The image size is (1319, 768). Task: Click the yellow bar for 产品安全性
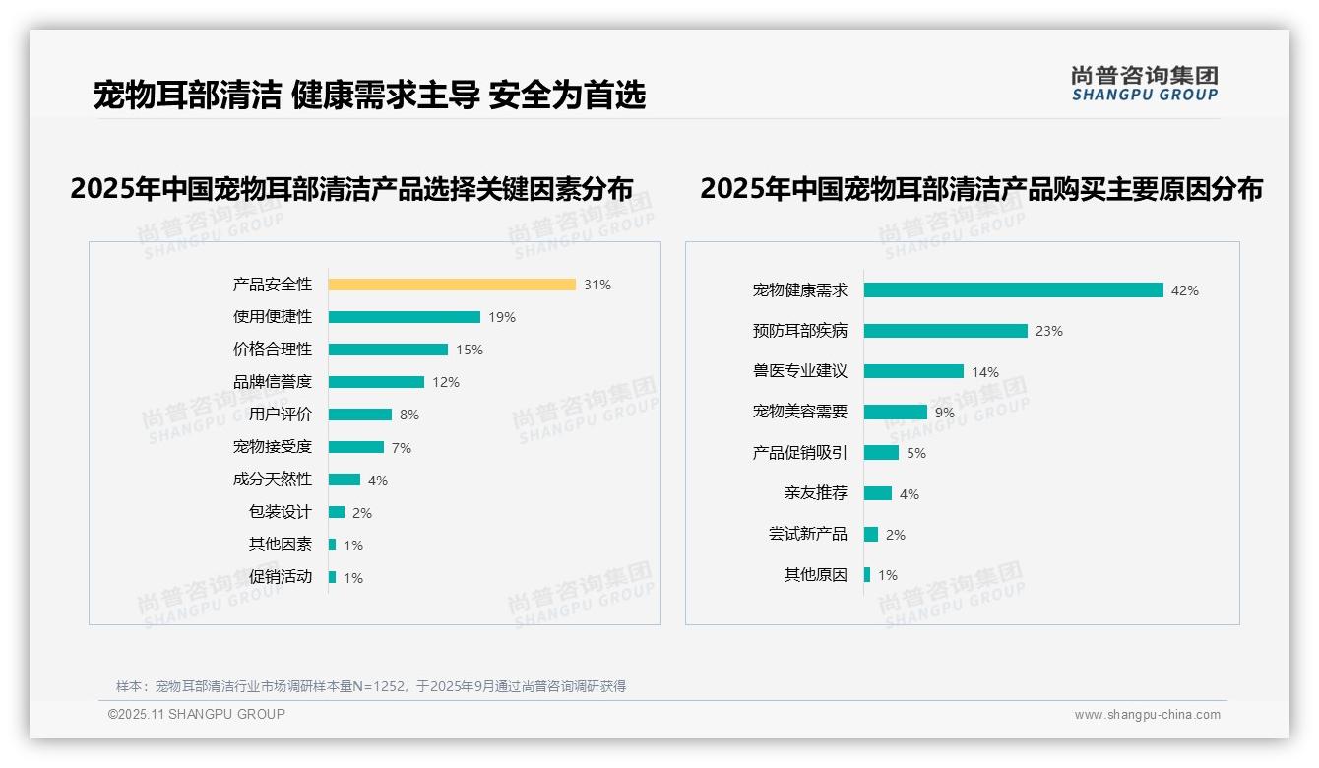(452, 285)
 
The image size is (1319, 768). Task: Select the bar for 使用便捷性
(405, 317)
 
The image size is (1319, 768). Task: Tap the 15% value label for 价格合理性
(469, 350)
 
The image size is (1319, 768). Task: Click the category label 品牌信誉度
(273, 382)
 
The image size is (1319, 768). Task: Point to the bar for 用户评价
(360, 415)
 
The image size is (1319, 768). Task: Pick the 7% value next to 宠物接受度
(401, 448)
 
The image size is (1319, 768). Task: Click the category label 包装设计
(281, 512)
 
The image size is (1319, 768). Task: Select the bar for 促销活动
(333, 577)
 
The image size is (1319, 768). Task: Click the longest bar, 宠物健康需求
(1014, 290)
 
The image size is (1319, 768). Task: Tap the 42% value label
(1184, 291)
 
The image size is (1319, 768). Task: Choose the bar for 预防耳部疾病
(946, 331)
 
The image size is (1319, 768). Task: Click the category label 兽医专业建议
(800, 371)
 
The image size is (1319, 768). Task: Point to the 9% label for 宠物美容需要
(944, 413)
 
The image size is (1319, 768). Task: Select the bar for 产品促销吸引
(882, 453)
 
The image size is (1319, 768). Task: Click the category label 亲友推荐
(816, 493)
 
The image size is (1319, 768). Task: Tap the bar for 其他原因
(867, 575)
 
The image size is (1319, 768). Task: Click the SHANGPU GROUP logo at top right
(1144, 84)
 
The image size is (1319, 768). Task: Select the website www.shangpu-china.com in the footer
(1147, 715)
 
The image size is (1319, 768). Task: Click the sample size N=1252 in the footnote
(373, 686)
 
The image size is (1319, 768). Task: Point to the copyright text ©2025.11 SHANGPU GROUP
(197, 714)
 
